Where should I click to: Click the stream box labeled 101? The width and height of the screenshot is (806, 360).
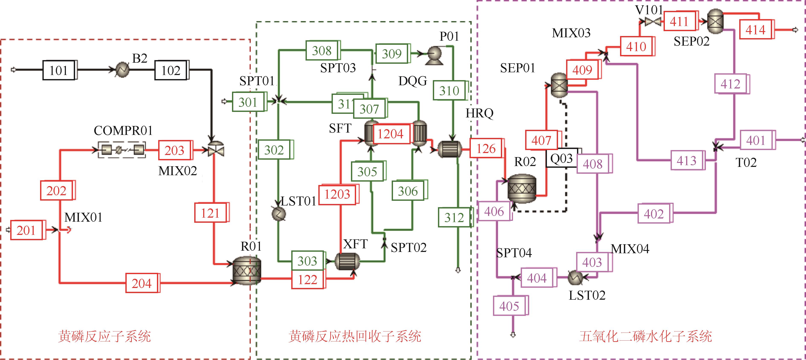point(59,70)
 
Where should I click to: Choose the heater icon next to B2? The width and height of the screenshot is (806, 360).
point(122,69)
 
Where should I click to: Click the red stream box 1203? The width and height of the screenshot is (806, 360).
point(337,194)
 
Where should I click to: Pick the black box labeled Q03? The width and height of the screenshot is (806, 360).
point(562,159)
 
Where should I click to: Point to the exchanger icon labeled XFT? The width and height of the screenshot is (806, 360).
point(347,261)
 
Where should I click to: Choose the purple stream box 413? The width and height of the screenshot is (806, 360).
point(687,160)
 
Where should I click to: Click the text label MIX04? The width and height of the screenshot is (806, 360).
point(630,249)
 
